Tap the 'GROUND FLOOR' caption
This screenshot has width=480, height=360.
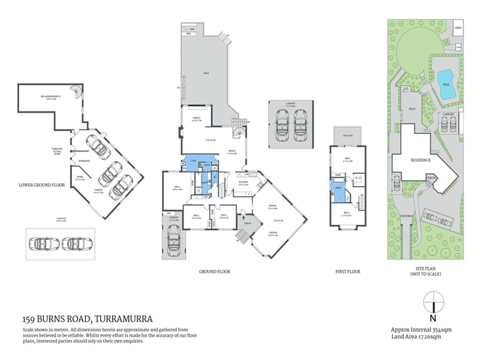[x=215, y=271]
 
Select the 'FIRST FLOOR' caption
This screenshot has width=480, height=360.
[x=347, y=271]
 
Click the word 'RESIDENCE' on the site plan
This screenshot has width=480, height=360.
[x=421, y=160]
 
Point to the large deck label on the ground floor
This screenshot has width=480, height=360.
[x=206, y=73]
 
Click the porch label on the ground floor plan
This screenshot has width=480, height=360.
[x=244, y=224]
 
